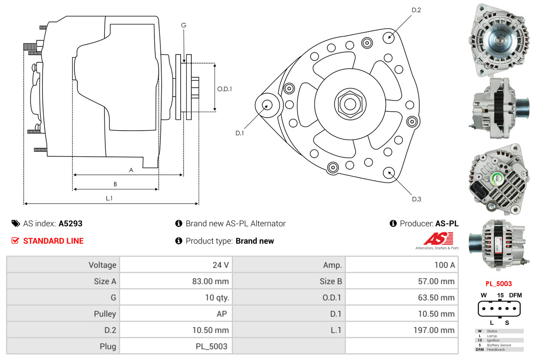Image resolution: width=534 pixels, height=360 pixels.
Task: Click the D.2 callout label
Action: [416, 10]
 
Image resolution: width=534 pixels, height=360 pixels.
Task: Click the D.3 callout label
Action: [416, 199]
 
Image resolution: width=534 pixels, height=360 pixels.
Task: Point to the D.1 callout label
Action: [239, 133]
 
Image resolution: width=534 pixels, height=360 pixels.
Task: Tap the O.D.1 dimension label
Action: [224, 89]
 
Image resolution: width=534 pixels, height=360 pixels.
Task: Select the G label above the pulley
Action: [184, 25]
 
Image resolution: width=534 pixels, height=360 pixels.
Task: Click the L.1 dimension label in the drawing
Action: [109, 198]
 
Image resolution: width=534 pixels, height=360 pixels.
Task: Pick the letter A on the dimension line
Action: [131, 170]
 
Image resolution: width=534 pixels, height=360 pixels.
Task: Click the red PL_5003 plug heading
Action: [499, 284]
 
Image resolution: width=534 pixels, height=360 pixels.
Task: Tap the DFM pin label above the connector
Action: [515, 295]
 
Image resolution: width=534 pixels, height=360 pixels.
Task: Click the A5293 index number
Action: [71, 223]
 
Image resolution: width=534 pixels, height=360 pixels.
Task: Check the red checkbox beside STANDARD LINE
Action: [15, 241]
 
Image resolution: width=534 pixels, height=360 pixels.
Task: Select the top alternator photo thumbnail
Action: [499, 40]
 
